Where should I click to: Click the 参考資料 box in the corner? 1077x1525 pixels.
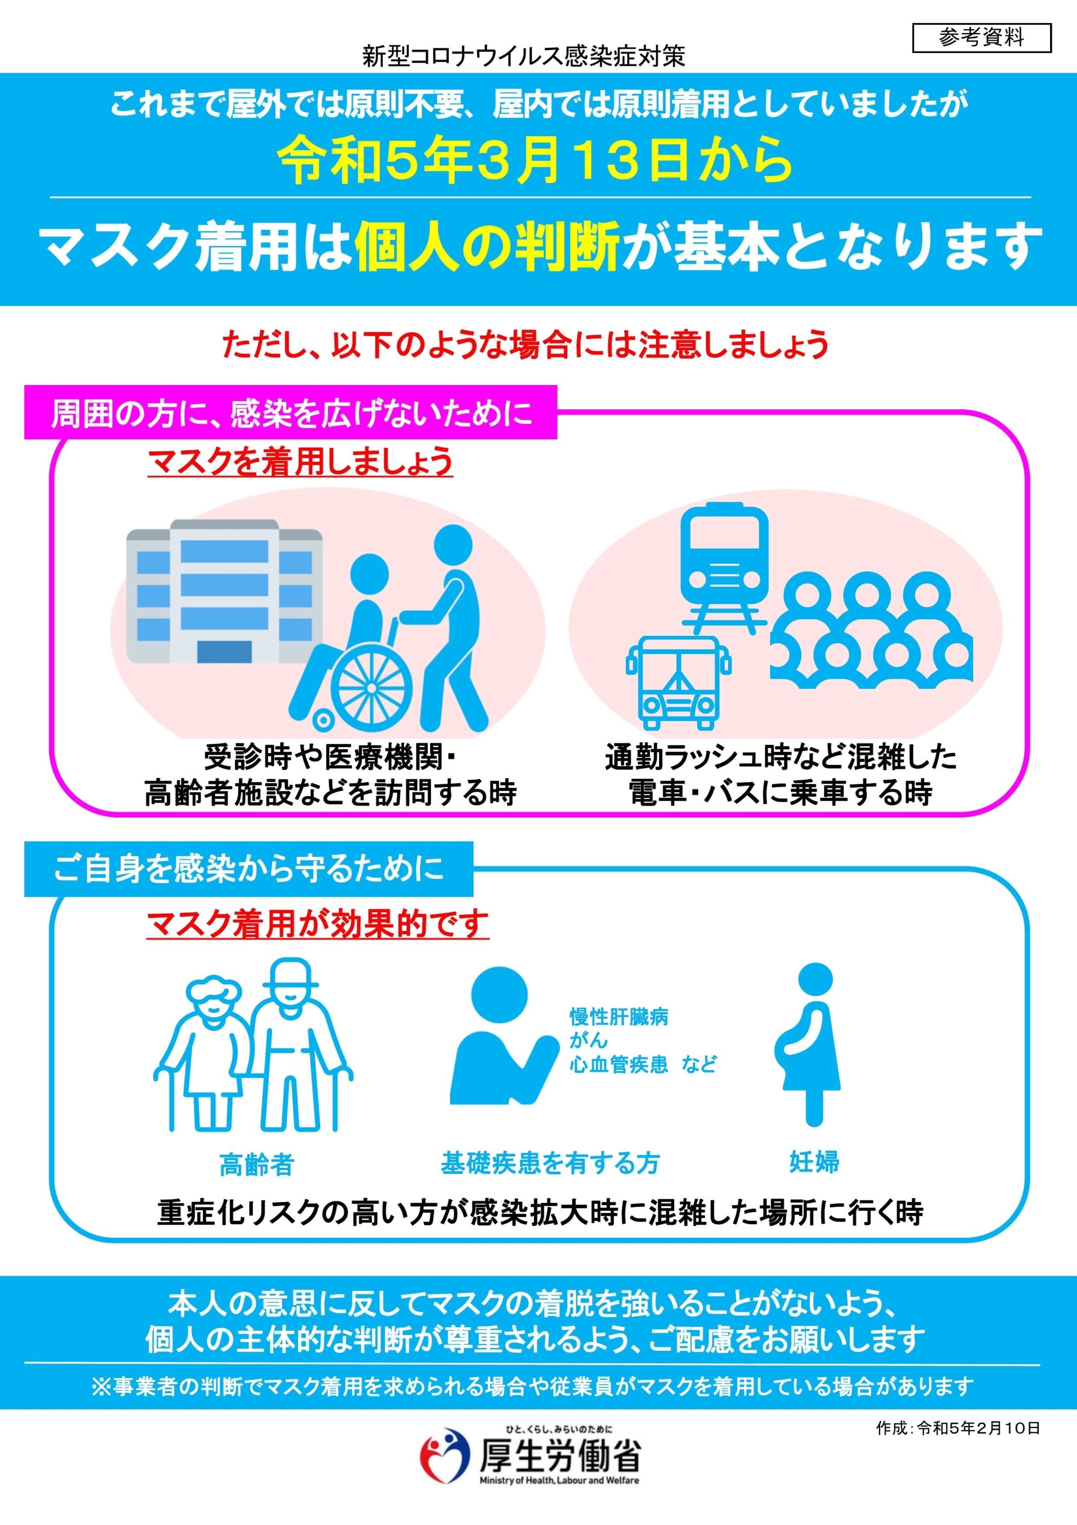tap(981, 38)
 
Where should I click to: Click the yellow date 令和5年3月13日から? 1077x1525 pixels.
tap(535, 161)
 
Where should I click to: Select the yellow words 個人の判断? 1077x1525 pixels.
tap(487, 246)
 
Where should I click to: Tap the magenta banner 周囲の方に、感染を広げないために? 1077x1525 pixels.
tap(291, 413)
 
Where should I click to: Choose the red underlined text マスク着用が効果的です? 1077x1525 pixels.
tap(318, 924)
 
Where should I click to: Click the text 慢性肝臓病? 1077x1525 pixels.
tap(619, 1017)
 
